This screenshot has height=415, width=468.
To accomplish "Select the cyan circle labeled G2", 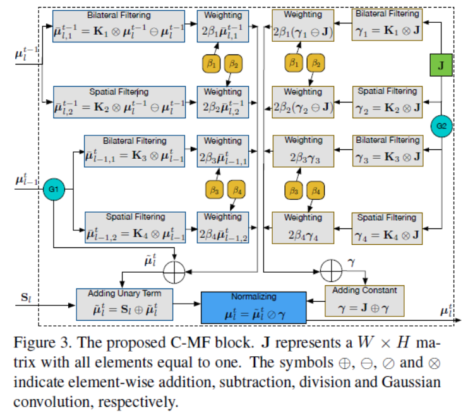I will (441, 126).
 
